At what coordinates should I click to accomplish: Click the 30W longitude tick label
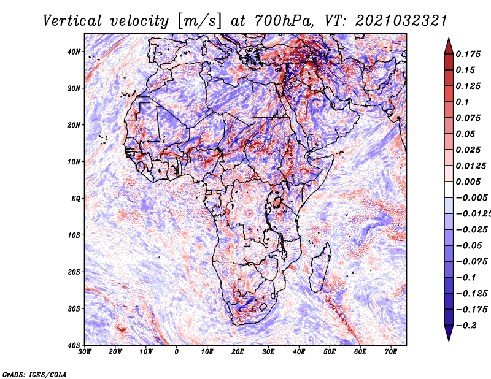click(85, 352)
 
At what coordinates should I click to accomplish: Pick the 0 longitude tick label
click(177, 352)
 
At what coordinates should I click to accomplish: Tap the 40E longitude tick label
click(299, 352)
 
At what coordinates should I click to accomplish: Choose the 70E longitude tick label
click(391, 352)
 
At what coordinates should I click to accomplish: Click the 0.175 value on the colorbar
click(469, 54)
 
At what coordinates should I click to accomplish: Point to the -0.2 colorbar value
click(466, 325)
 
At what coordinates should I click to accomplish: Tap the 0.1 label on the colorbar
click(462, 102)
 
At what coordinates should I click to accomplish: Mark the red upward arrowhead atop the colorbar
click(448, 45)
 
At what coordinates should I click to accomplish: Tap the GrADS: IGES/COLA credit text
click(34, 373)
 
